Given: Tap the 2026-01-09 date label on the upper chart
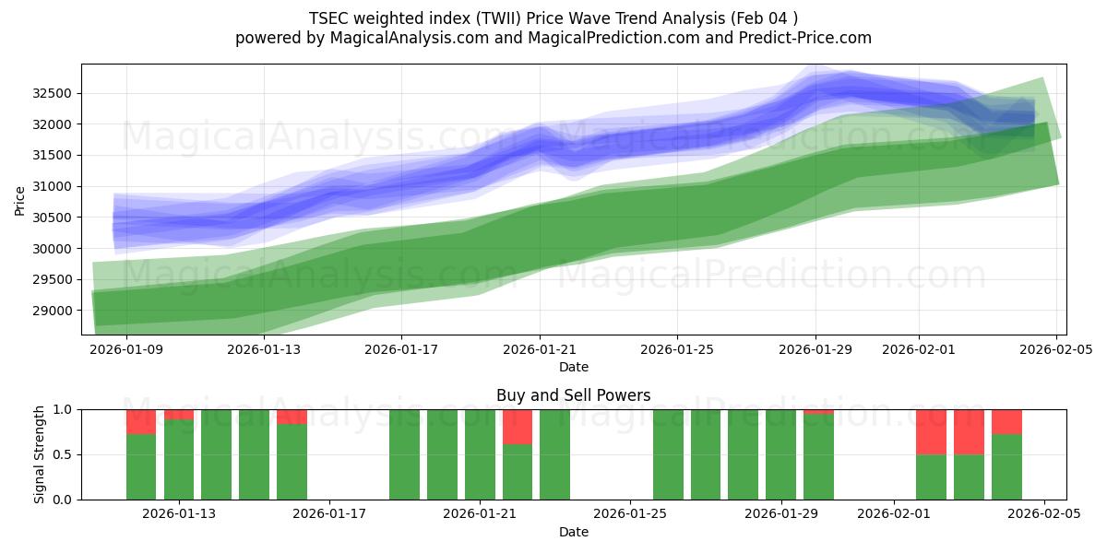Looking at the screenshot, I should click(126, 349).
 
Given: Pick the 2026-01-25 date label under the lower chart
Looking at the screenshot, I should click(630, 514).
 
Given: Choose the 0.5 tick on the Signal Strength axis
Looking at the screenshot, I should click(65, 454).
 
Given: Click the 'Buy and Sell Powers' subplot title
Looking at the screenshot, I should click(573, 395).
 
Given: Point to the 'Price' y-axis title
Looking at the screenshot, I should click(20, 199).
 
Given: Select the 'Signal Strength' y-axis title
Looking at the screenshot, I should click(39, 454).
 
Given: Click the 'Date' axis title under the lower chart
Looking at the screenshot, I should click(573, 532).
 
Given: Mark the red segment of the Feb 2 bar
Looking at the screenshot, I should click(931, 432).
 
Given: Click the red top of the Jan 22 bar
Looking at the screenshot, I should click(518, 427).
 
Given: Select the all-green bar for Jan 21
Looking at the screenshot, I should click(480, 454).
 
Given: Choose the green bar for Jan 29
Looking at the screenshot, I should click(780, 454).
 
